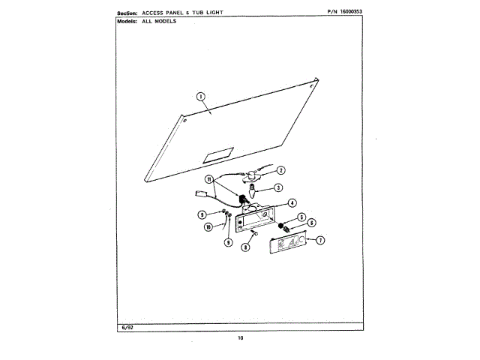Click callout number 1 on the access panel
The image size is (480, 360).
click(x=200, y=96)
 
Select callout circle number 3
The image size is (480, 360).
click(x=277, y=187)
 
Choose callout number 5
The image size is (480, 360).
click(x=301, y=217)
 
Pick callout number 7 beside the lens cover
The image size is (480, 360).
click(x=320, y=241)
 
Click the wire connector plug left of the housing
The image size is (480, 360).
click(x=199, y=194)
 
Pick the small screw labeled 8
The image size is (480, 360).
click(x=256, y=235)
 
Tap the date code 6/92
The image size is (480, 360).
click(x=124, y=328)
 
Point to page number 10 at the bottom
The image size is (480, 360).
click(x=240, y=339)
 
